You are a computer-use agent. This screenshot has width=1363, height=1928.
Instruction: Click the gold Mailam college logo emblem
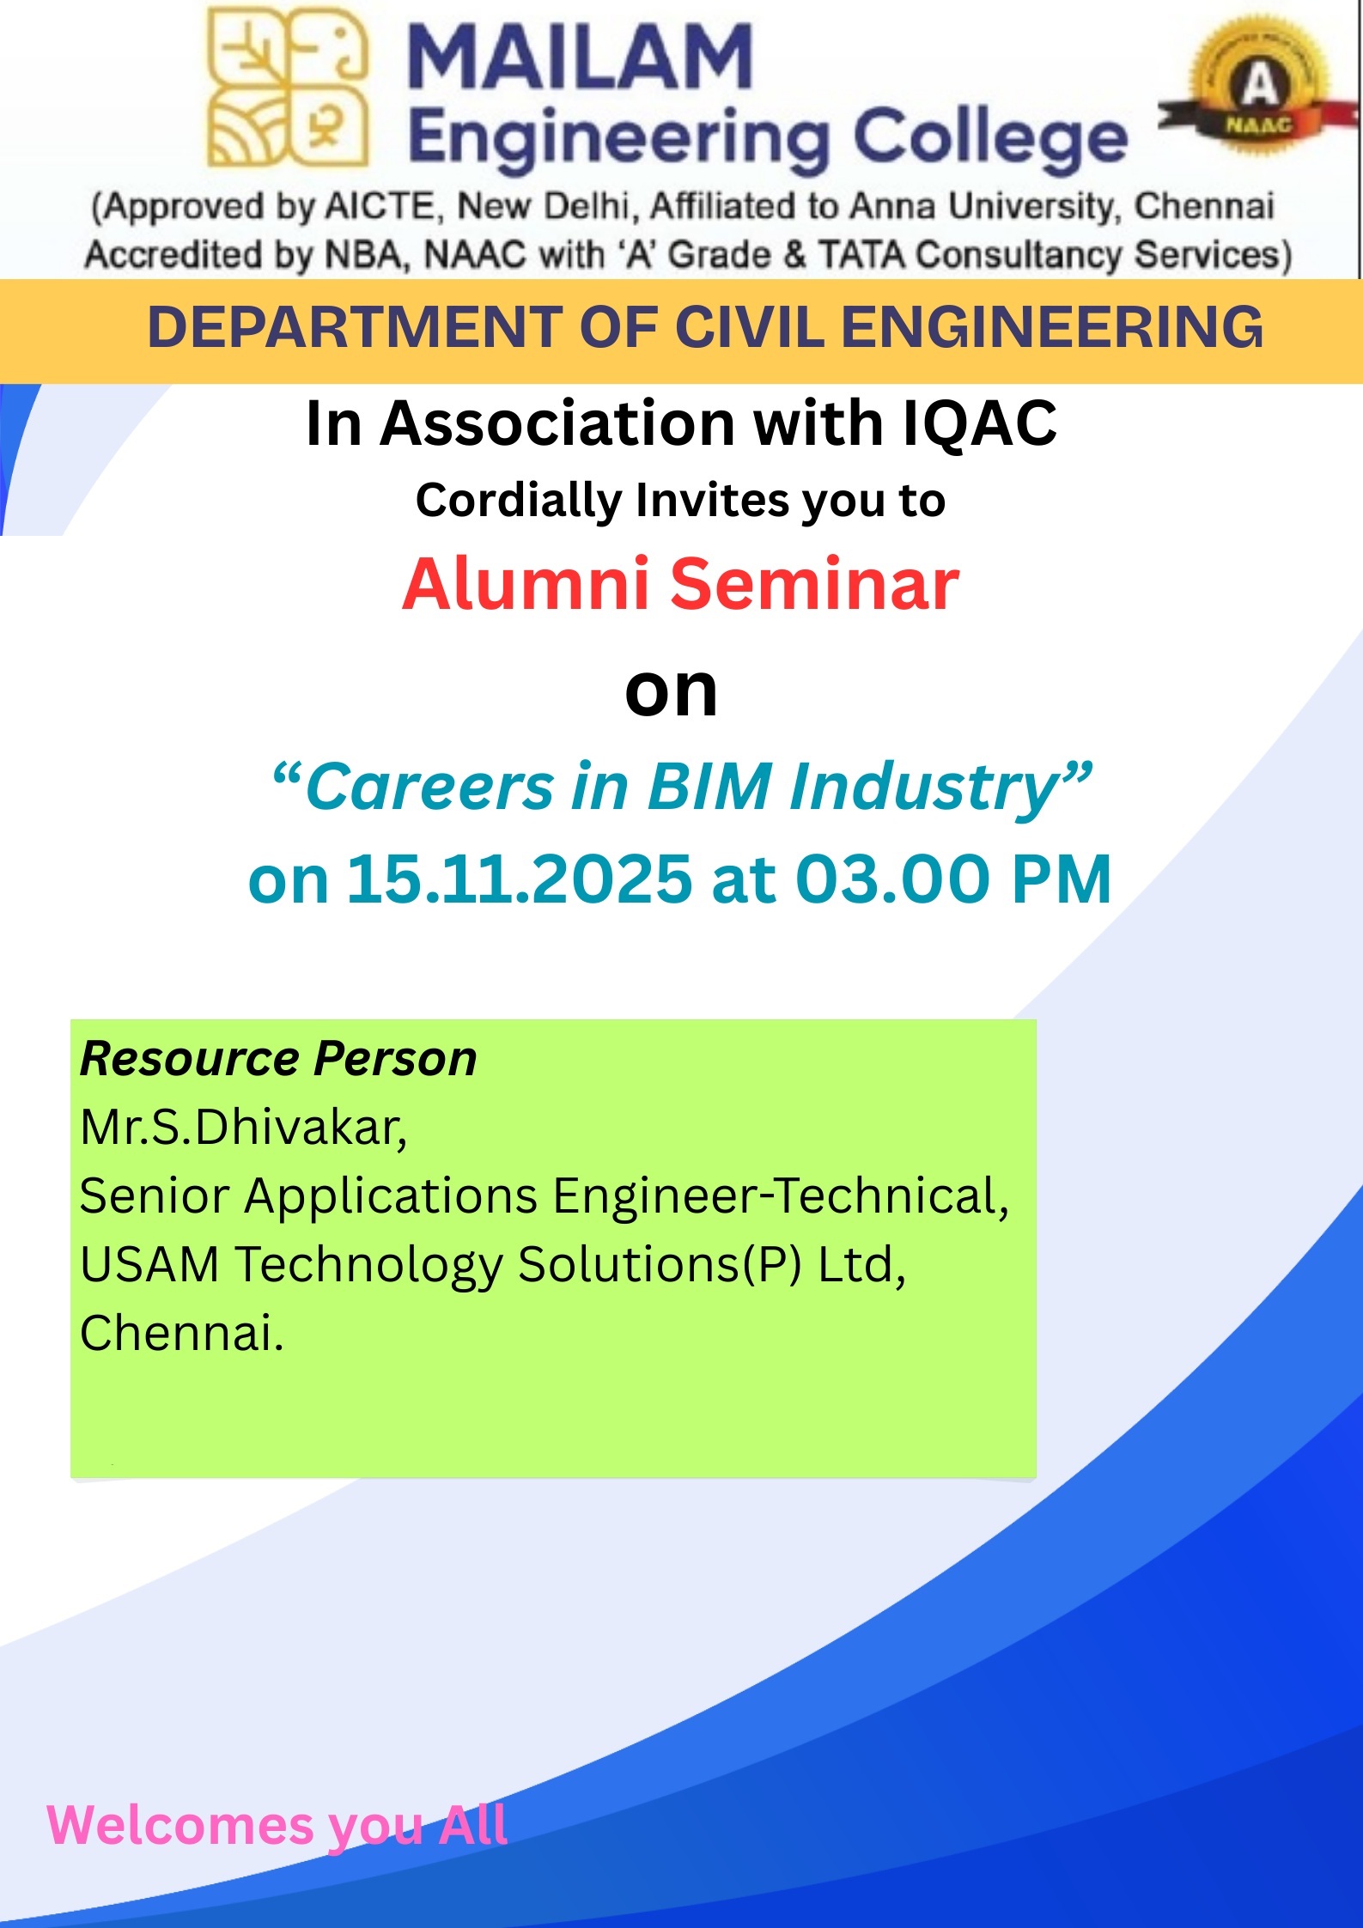(x=289, y=86)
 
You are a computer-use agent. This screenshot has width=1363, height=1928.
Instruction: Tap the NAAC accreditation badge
(x=1258, y=91)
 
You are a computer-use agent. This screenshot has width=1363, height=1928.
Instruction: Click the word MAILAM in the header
(x=581, y=57)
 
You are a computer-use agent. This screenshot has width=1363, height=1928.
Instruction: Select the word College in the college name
(x=990, y=137)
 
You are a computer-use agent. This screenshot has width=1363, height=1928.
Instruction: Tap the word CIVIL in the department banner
(x=748, y=327)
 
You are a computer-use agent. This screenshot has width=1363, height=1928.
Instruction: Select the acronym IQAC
(x=980, y=424)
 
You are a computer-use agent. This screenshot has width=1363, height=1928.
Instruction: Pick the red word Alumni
(x=526, y=584)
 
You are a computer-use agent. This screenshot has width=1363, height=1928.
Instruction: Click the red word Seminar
(x=814, y=584)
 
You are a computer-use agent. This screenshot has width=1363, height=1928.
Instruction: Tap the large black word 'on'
(x=671, y=691)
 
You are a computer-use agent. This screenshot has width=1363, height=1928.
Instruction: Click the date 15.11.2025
(x=519, y=879)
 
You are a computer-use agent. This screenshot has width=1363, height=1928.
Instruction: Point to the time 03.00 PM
(x=953, y=879)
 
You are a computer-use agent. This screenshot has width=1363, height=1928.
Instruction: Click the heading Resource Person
(x=278, y=1058)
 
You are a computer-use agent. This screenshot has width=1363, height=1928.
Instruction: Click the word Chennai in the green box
(x=181, y=1333)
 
